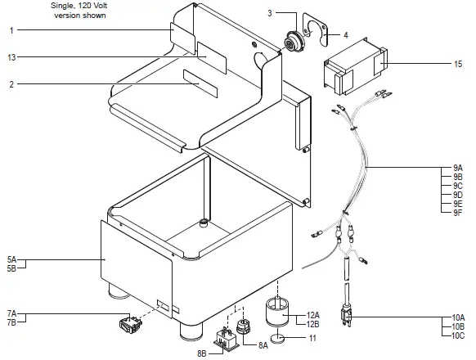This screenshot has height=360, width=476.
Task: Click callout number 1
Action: coord(11,30)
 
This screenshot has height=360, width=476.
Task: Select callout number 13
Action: coord(11,57)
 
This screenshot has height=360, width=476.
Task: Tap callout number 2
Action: coord(11,84)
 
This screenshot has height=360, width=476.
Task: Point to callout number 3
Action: coord(270,13)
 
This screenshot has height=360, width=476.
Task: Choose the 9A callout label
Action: coord(457,169)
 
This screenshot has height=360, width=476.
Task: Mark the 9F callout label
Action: coord(457,213)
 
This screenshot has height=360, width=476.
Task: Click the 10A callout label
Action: coord(457,317)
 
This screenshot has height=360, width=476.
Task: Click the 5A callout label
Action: coord(11,259)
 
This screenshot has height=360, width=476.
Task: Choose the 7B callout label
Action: coord(11,322)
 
